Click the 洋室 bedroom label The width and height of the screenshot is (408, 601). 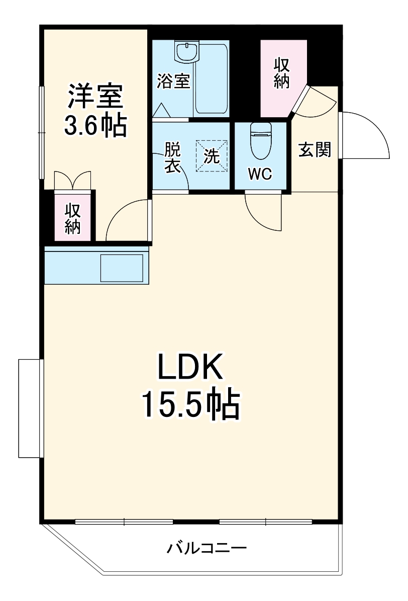(95, 96)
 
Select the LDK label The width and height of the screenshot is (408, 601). (190, 367)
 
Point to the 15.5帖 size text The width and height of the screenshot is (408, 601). (191, 405)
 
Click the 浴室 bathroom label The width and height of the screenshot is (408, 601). (173, 81)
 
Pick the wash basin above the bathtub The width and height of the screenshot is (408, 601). (186, 52)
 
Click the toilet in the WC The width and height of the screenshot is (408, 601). (260, 140)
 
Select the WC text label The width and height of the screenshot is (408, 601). (260, 174)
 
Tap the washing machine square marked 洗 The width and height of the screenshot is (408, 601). (212, 156)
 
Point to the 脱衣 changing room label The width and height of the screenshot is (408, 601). (172, 158)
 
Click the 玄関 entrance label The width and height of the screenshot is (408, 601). (315, 149)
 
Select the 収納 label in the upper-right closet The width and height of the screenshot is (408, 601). (281, 73)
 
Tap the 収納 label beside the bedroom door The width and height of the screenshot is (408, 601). (72, 218)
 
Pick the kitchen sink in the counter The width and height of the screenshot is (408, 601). (122, 268)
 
